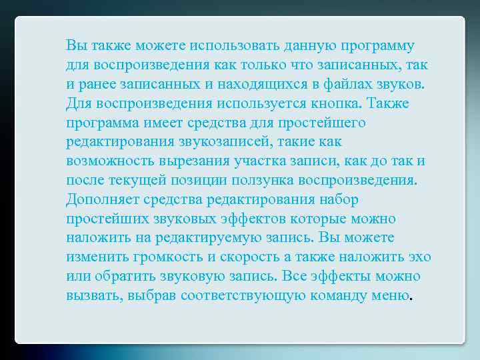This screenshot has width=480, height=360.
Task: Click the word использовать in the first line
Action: point(234,46)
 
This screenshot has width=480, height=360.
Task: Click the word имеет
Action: point(147,123)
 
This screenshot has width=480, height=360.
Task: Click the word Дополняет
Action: point(100,199)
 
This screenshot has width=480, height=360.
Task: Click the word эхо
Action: point(418,257)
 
